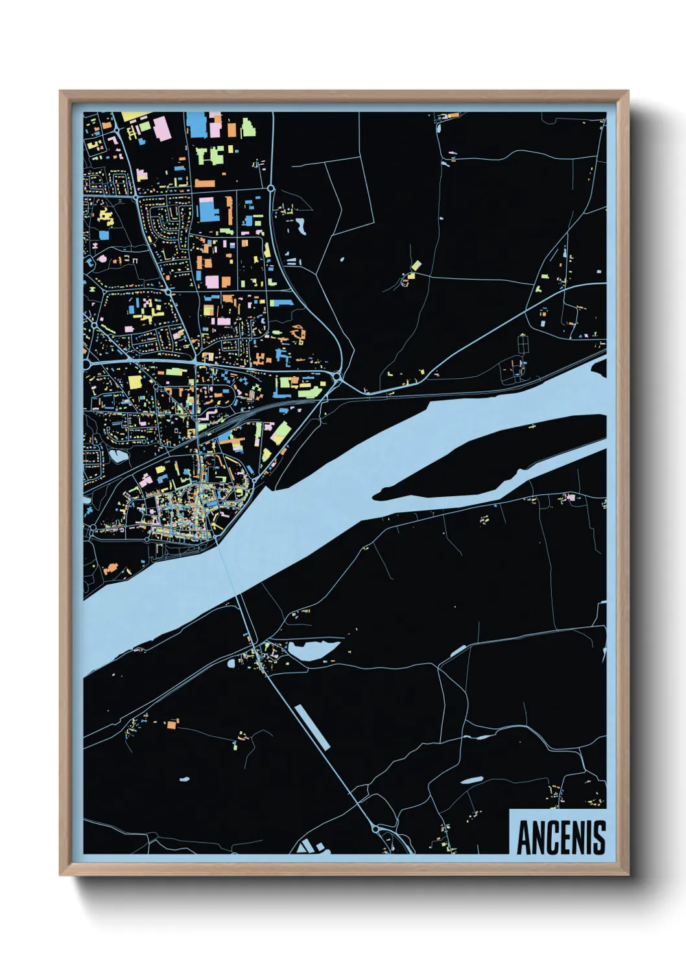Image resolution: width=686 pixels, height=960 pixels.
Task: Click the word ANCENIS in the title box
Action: point(561,837)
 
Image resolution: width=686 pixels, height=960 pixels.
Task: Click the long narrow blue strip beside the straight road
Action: point(312,727)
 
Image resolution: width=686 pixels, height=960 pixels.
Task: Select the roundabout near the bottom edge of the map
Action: point(375,829)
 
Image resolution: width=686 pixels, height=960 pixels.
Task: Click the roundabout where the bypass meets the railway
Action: point(337,376)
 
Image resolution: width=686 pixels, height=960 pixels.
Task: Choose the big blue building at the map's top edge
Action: point(195,124)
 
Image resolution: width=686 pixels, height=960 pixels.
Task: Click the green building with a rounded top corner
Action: point(248,127)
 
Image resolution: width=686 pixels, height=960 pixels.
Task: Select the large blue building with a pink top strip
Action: point(207,209)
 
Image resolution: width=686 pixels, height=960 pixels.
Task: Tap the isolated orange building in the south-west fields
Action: point(172,723)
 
